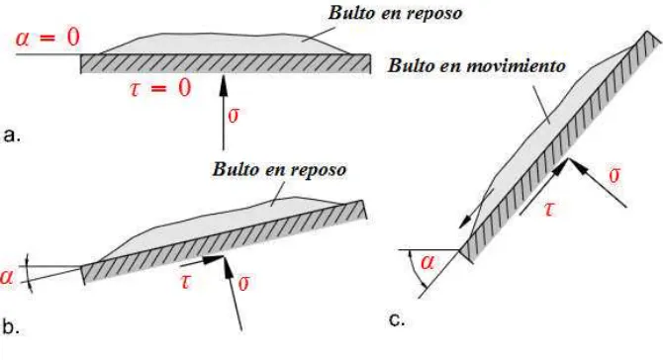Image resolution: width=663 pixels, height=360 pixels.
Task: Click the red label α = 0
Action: pyautogui.click(x=47, y=38)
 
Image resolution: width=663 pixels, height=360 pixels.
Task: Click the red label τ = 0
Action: pyautogui.click(x=160, y=89)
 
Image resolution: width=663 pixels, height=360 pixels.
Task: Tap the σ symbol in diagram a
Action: pyautogui.click(x=234, y=116)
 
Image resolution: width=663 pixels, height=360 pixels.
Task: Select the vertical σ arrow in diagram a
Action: pyautogui.click(x=224, y=113)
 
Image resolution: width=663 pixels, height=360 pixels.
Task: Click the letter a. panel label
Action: pyautogui.click(x=12, y=135)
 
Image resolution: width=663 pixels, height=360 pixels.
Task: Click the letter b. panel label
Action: pyautogui.click(x=11, y=326)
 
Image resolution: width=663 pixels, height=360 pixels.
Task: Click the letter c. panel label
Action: pyautogui.click(x=397, y=319)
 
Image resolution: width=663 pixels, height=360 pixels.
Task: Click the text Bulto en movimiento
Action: pyautogui.click(x=477, y=66)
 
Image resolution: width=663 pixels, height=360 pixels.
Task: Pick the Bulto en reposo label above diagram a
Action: pyautogui.click(x=395, y=13)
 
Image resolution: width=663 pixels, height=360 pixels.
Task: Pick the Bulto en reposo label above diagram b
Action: pyautogui.click(x=279, y=169)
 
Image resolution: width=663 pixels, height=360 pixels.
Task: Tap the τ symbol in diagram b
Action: pyautogui.click(x=185, y=281)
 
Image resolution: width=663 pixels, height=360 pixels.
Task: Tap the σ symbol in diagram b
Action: pyautogui.click(x=244, y=283)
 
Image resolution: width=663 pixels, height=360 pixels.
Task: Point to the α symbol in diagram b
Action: pyautogui.click(x=7, y=277)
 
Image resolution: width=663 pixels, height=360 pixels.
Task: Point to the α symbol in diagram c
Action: pyautogui.click(x=427, y=263)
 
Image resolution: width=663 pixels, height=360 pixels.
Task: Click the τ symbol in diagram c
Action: pyautogui.click(x=549, y=210)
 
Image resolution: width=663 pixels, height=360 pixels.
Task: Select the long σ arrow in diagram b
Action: pyautogui.click(x=233, y=293)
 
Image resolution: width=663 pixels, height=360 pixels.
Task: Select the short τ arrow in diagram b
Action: pyautogui.click(x=201, y=261)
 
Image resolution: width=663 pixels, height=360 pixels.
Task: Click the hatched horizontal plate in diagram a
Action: pyautogui.click(x=226, y=64)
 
